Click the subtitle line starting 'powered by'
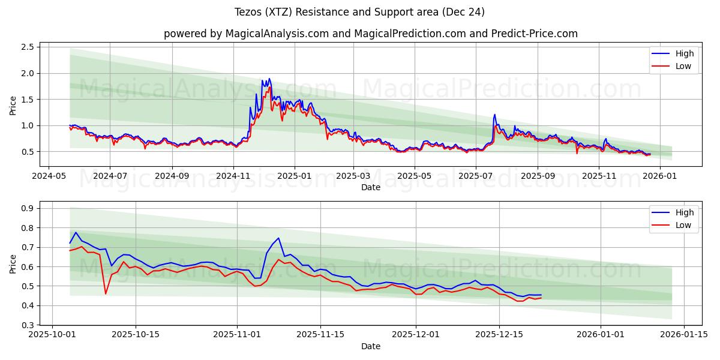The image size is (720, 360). pos(370,34)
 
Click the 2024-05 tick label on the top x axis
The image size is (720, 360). pos(49,176)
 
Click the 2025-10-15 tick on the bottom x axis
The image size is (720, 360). pos(135,335)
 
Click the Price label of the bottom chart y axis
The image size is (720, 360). pos(13,263)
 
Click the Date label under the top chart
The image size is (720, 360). pos(370,187)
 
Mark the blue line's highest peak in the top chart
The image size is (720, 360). pos(269,79)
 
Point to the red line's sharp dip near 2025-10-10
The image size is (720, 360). pos(106,293)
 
